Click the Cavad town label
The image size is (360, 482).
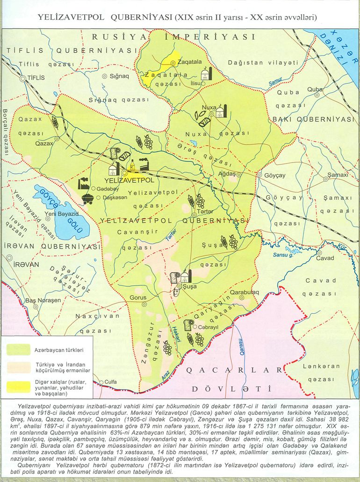325,258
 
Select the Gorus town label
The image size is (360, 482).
138,297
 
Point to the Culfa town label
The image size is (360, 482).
111,382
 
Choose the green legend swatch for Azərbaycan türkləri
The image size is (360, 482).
18,349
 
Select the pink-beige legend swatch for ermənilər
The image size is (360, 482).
18,367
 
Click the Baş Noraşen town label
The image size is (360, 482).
43,300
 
